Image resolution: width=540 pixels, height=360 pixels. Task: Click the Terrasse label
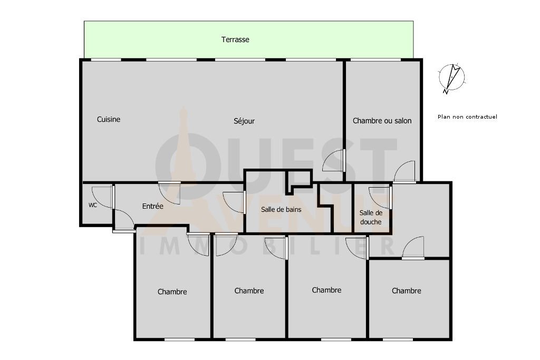coord(235,40)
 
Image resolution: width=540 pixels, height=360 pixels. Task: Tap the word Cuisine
coord(109,120)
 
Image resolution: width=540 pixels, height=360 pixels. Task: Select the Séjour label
coord(244,121)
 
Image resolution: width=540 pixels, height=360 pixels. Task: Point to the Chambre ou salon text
coord(382,121)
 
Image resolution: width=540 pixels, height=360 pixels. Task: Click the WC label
coord(93,205)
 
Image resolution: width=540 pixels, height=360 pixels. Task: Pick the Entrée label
coord(152,206)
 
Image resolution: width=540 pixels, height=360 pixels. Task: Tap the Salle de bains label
coord(281,209)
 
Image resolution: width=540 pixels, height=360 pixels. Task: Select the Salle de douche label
coord(371,218)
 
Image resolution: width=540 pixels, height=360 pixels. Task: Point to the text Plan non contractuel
coord(467,116)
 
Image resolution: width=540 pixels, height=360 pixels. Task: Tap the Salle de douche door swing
coord(380,198)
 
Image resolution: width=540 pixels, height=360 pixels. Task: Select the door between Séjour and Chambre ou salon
coord(334,160)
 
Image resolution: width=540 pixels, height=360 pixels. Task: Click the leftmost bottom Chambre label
coord(172,292)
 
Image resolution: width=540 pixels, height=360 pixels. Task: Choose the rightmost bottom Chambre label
coord(407,291)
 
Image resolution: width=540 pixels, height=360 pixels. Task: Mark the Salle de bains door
coord(234,202)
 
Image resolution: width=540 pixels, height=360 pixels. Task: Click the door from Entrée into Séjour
coord(169,193)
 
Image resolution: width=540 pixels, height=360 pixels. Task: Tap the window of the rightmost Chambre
coord(398,339)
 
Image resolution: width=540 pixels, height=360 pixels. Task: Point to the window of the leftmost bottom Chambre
coord(179,339)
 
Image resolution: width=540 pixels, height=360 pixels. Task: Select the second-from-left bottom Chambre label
coord(249,291)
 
